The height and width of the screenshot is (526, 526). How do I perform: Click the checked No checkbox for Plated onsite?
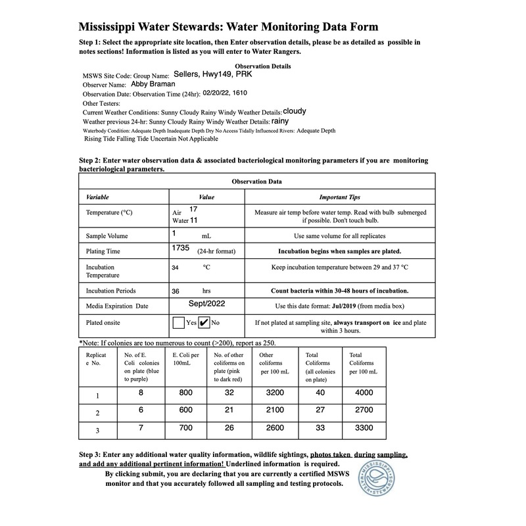click(204, 322)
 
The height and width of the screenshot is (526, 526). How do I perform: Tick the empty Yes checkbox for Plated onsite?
click(178, 322)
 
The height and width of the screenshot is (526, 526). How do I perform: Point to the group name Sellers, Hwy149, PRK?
click(212, 74)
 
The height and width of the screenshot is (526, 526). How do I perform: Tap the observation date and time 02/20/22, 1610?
click(229, 93)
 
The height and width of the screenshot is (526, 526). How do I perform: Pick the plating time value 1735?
click(180, 249)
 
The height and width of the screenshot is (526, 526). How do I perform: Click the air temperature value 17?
click(193, 208)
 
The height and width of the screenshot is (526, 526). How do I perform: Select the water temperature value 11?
click(193, 221)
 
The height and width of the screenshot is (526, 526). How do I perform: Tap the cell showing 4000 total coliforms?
click(363, 393)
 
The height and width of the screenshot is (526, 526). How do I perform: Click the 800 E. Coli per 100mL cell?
click(187, 393)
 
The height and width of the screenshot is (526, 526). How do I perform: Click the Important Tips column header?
click(339, 197)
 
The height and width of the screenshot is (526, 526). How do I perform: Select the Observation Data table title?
click(256, 181)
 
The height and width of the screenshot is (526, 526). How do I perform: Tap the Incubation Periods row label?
click(110, 290)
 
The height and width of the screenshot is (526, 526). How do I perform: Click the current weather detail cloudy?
click(295, 111)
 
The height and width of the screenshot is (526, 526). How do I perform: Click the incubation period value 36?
click(176, 289)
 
